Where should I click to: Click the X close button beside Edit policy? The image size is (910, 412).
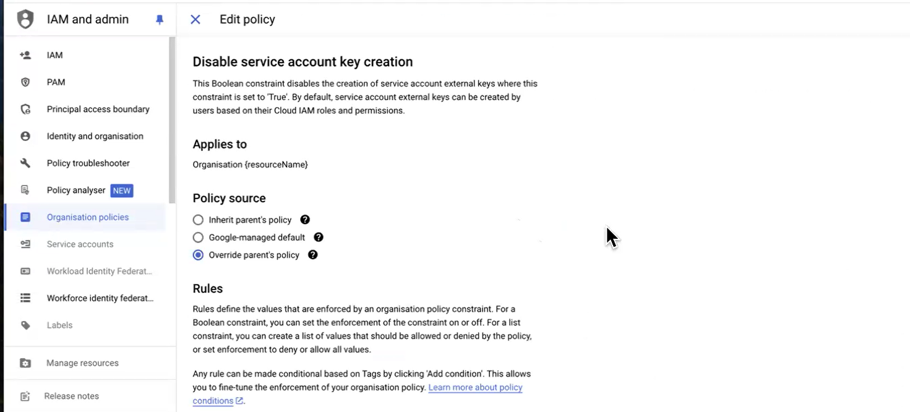[x=195, y=19]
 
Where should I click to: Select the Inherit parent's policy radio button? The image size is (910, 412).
[x=198, y=220]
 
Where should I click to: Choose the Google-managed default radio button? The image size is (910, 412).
[x=198, y=238]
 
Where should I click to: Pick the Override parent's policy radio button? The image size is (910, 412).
[x=198, y=255]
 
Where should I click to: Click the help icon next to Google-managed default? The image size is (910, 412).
[x=319, y=238]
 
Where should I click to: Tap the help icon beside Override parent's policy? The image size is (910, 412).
[x=313, y=255]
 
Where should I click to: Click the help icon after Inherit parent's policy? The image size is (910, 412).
[x=305, y=220]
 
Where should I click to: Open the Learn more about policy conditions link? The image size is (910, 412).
[x=475, y=388]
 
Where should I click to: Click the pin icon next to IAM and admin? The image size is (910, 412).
[x=160, y=20]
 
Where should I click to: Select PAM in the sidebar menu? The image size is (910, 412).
[x=56, y=82]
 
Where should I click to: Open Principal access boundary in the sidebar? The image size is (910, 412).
[x=98, y=109]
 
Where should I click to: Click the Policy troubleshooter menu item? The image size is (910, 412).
[x=88, y=163]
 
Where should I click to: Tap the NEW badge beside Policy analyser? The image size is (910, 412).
[x=122, y=191]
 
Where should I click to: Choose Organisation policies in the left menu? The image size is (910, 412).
[x=87, y=217]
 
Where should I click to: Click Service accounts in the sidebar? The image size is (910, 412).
[x=80, y=244]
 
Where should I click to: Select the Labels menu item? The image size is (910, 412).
[x=59, y=325]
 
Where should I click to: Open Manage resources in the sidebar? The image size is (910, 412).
[x=82, y=363]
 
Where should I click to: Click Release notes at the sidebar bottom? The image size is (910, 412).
[x=71, y=397]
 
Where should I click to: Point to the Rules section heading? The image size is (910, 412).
[x=208, y=289]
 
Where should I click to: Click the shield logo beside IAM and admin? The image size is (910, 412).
[x=25, y=19]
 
